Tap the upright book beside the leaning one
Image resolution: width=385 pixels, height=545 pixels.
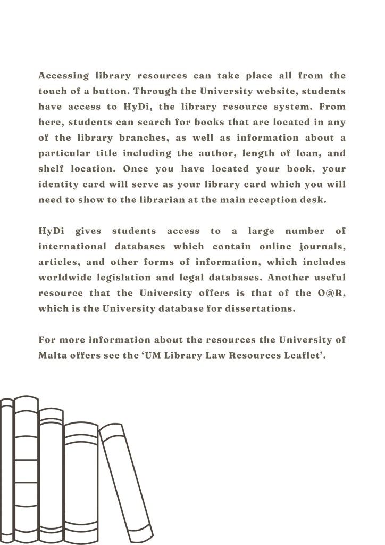(x=81, y=479)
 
